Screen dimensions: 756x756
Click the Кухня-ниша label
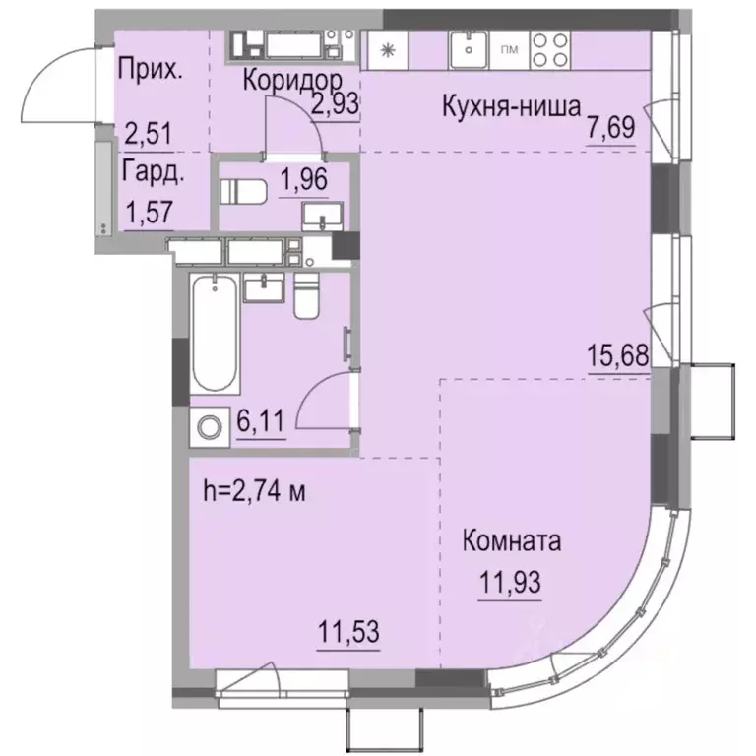[x=510, y=108]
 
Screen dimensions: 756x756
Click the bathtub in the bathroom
[x=214, y=336]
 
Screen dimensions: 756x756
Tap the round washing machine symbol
[x=210, y=427]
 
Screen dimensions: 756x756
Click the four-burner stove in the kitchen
[x=548, y=47]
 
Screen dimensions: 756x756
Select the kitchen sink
[x=469, y=46]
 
